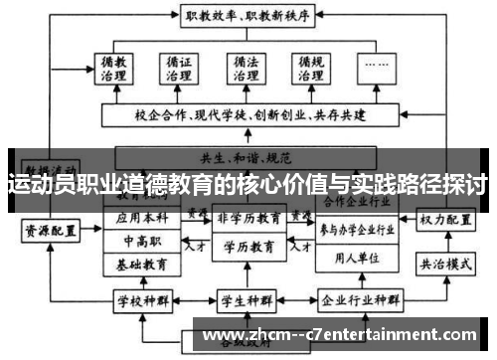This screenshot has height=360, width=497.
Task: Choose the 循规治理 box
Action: (310, 70)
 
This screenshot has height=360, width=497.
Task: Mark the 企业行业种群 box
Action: (359, 298)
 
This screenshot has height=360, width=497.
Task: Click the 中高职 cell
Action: (141, 242)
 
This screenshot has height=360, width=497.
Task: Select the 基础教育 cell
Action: (141, 266)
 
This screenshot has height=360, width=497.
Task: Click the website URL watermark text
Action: (347, 332)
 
